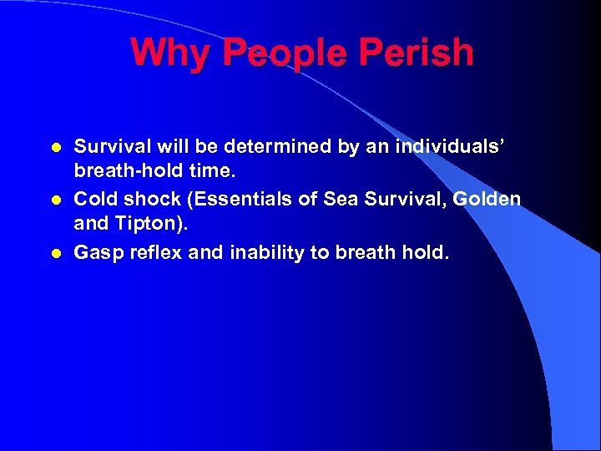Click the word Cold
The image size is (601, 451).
click(x=94, y=200)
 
